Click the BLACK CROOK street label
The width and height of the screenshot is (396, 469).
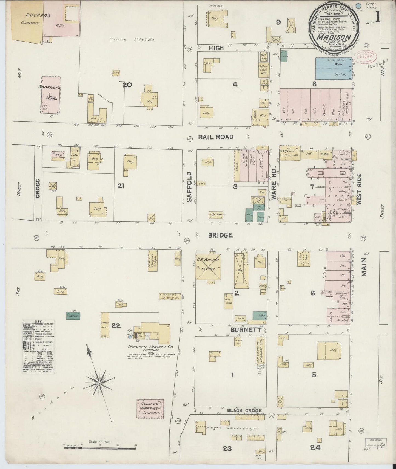[244, 410]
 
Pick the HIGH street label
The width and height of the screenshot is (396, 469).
[216, 48]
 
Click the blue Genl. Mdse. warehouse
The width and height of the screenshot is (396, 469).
[333, 69]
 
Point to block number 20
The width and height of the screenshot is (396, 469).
[127, 85]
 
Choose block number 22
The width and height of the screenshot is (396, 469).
[116, 326]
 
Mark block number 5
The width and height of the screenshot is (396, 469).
[314, 375]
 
